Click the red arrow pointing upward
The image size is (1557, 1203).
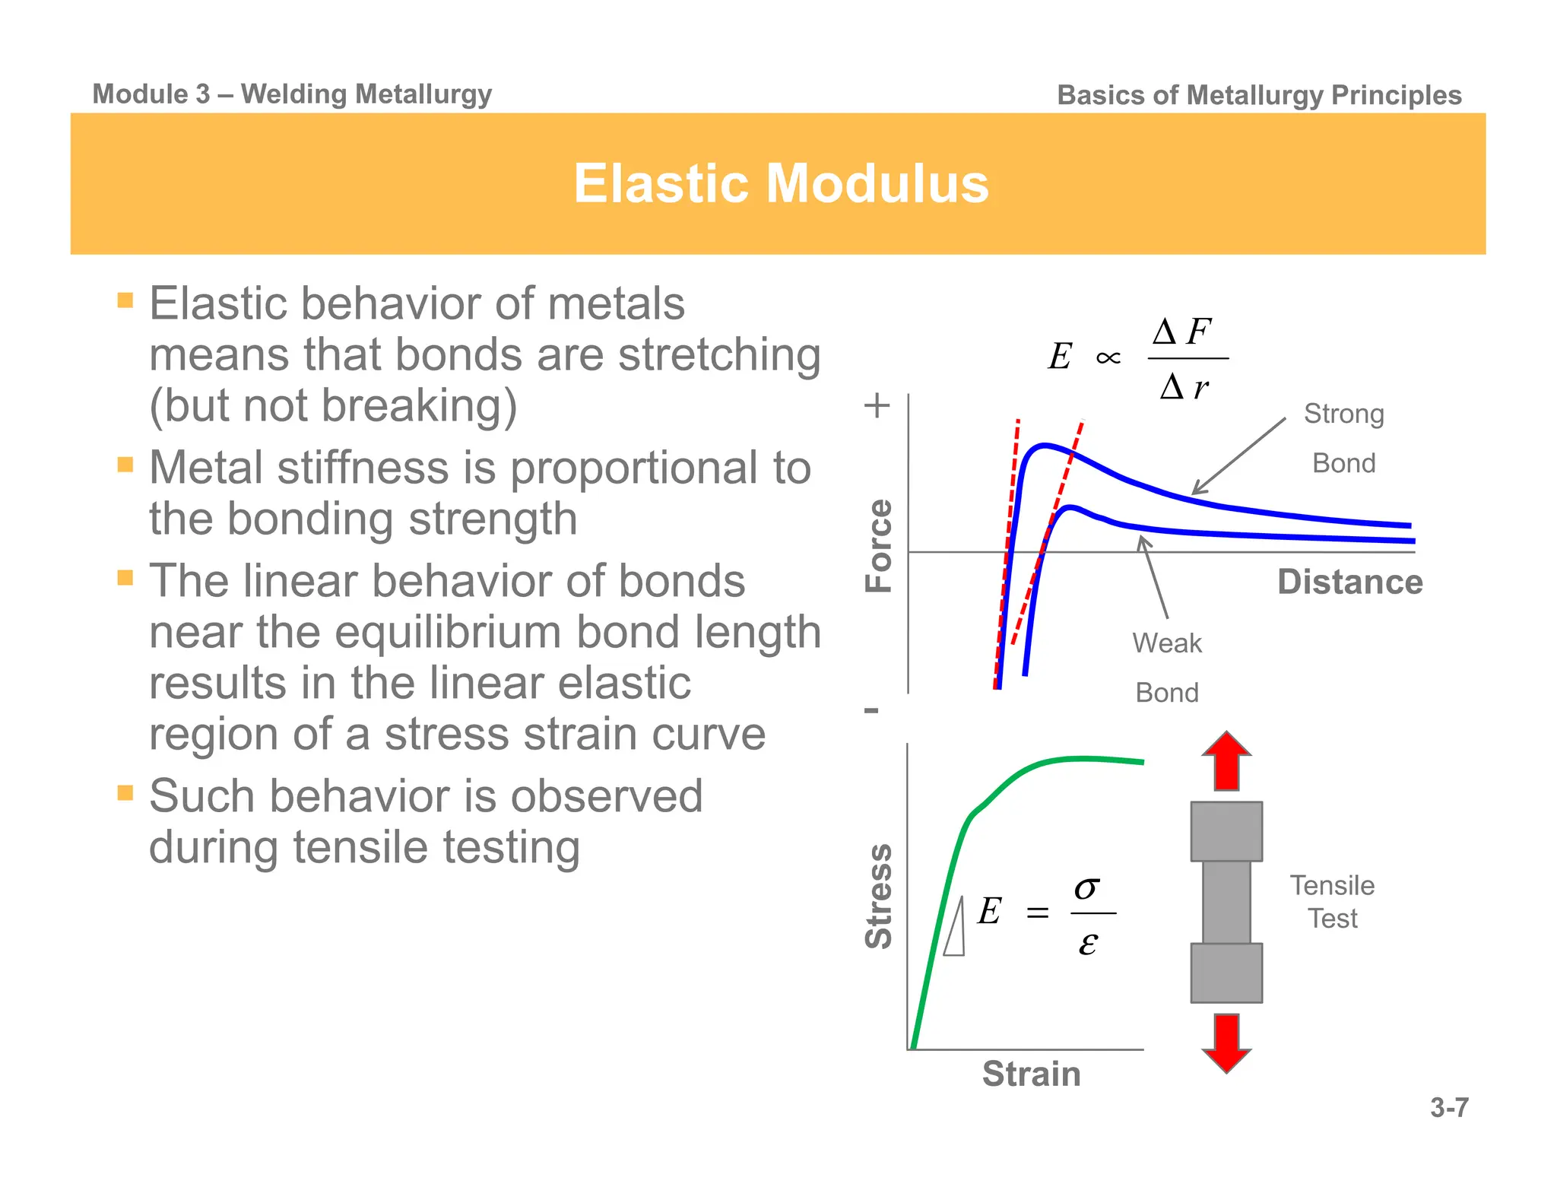click(x=1226, y=761)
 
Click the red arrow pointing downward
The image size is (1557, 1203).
click(x=1226, y=1042)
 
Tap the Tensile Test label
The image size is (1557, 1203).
click(x=1332, y=902)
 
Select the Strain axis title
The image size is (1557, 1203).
click(x=1031, y=1074)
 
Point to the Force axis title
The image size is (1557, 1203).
click(x=879, y=545)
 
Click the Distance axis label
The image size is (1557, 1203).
click(x=1349, y=582)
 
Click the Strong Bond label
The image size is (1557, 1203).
click(x=1343, y=438)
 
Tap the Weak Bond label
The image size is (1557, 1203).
click(x=1167, y=667)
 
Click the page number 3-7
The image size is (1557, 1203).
click(x=1449, y=1107)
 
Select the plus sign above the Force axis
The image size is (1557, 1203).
click(x=877, y=405)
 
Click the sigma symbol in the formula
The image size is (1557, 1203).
click(x=1087, y=887)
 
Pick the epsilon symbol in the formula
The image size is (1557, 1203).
click(x=1088, y=944)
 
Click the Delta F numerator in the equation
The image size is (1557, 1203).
click(x=1181, y=332)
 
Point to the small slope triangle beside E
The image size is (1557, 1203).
click(x=956, y=932)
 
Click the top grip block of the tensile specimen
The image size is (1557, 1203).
click(x=1226, y=831)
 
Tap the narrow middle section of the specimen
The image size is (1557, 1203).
click(x=1226, y=902)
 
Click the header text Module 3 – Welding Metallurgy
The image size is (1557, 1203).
click(x=292, y=94)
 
